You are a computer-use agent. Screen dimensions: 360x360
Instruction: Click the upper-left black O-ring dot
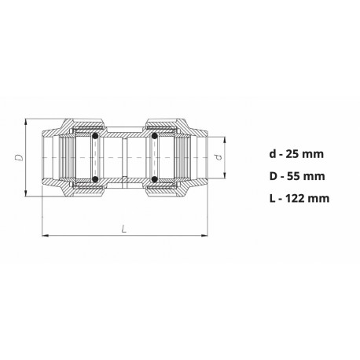[95, 136]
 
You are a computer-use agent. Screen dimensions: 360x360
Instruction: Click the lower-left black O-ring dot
[95, 179]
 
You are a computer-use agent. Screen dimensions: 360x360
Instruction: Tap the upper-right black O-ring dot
[155, 136]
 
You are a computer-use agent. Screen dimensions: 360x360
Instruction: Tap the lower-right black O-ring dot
[155, 179]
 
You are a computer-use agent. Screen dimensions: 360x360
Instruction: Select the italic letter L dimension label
[124, 230]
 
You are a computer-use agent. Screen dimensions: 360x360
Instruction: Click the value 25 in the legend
[292, 154]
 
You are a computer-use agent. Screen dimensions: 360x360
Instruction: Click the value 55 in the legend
[293, 176]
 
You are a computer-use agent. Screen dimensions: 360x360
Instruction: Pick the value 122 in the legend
[296, 198]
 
